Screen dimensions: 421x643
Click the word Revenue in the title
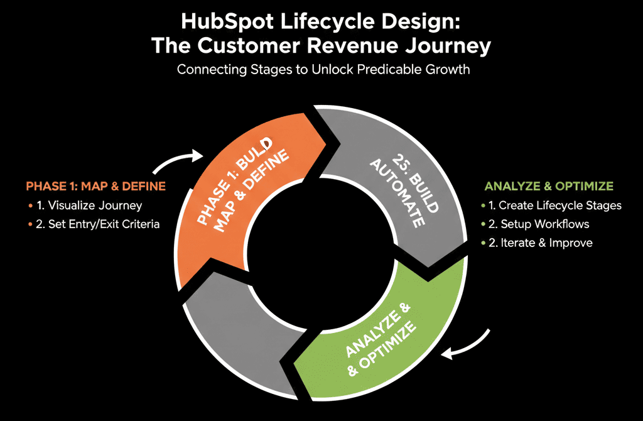coord(372,47)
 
